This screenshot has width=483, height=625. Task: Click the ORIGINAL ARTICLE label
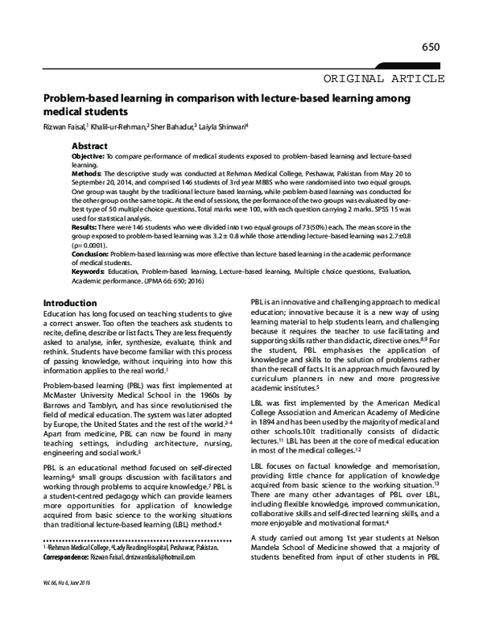pos(383,78)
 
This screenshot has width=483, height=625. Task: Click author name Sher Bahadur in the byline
pos(172,126)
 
